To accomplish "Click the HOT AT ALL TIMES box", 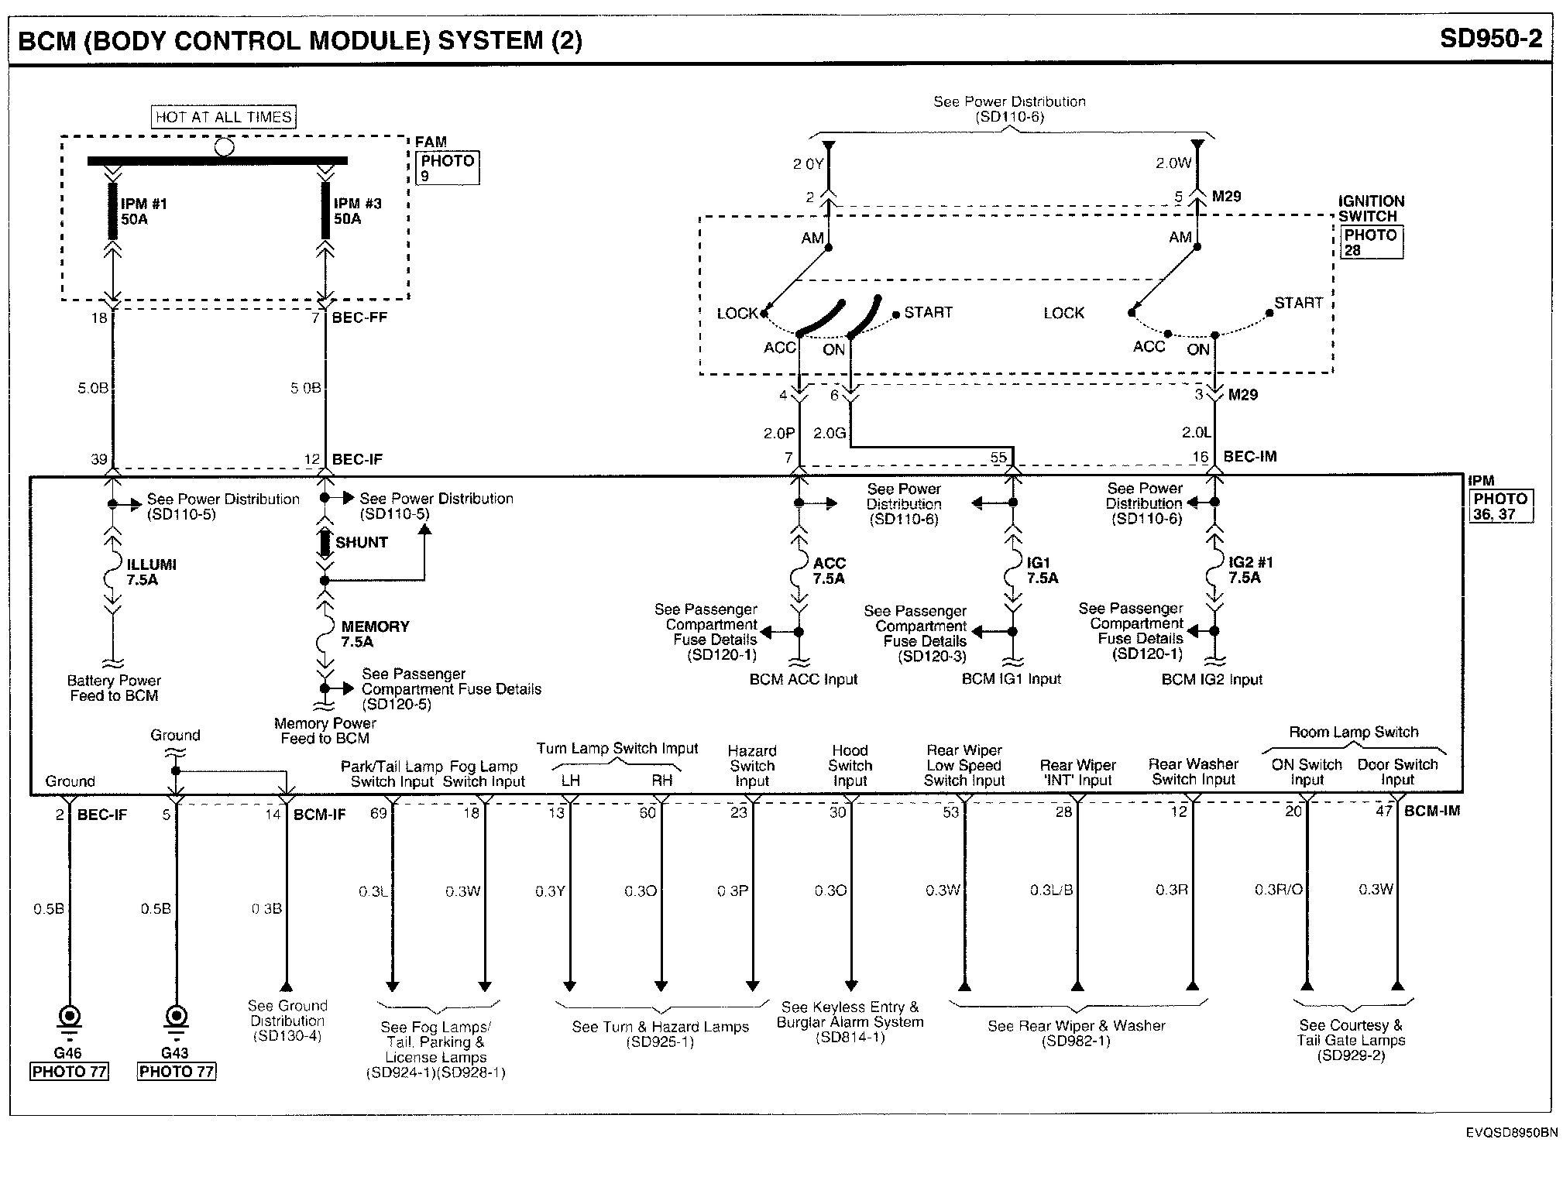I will click(x=224, y=117).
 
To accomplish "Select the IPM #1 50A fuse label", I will click(x=143, y=211).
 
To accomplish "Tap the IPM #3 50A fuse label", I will click(x=357, y=211).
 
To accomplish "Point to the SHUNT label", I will click(x=361, y=542).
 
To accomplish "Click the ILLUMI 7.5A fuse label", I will click(x=151, y=572).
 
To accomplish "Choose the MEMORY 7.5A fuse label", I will click(x=375, y=633).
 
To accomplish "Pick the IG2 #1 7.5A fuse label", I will click(x=1250, y=570).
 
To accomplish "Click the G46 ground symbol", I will click(x=70, y=1017).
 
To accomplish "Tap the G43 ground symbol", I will click(x=176, y=1017).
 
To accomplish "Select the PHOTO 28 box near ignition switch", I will click(x=1370, y=242).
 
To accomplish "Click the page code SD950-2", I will click(x=1490, y=39).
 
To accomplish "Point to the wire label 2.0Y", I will click(x=808, y=164).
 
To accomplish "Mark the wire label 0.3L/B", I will click(x=1051, y=890).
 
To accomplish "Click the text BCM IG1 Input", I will click(x=1011, y=679).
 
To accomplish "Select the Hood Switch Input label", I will click(x=850, y=765).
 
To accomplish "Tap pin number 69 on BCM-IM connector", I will click(x=378, y=812).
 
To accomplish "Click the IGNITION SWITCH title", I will click(x=1370, y=208).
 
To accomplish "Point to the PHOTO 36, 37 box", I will click(x=1500, y=506).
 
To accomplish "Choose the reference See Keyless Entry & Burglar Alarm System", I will click(x=850, y=1021).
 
